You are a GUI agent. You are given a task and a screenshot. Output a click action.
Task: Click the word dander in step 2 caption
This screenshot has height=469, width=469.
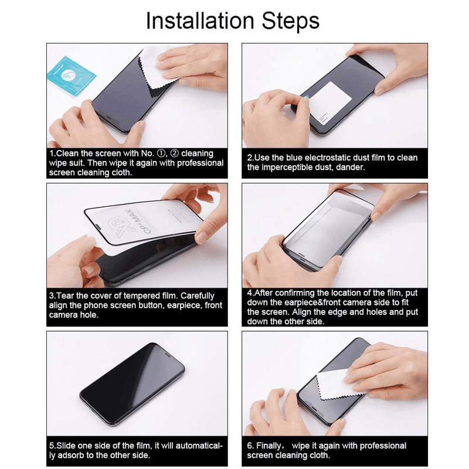[350, 167]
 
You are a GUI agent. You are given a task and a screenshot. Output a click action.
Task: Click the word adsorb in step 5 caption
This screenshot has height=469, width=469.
[67, 456]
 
